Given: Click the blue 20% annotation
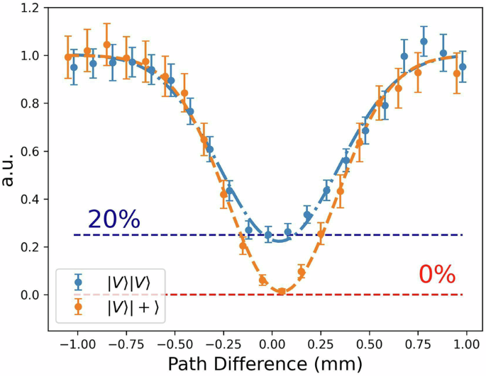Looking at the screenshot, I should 114,220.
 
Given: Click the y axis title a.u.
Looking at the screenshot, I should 10,170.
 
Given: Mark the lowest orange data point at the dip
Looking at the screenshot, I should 282,291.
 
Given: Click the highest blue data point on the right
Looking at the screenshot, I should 424,41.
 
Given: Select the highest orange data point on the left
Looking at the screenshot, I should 107,45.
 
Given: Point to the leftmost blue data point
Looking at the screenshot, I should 74,67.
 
